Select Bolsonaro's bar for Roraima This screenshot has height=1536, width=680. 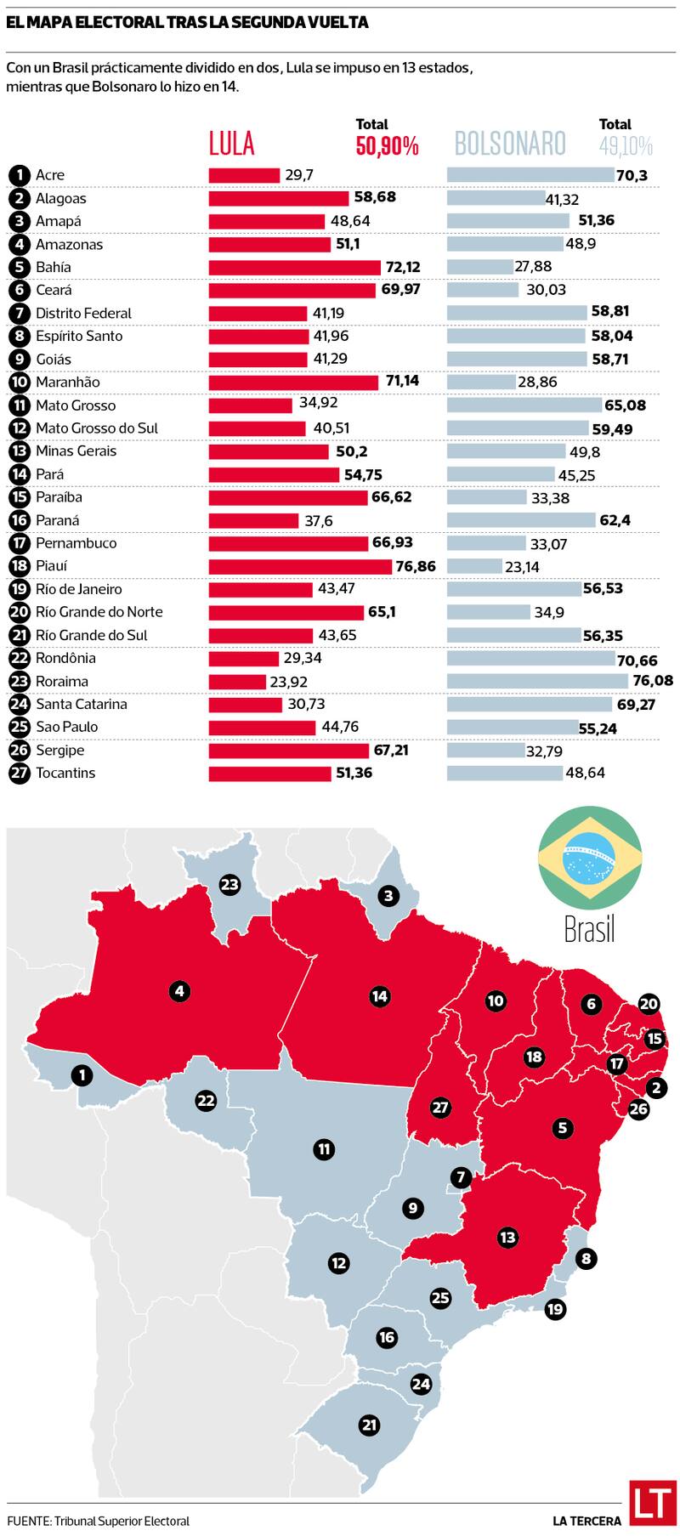[x=536, y=681]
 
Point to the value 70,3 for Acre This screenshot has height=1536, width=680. [x=632, y=175]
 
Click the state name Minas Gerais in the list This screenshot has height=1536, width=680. [x=76, y=451]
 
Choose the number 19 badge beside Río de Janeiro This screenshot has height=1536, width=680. [x=19, y=589]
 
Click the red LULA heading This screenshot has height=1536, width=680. [x=232, y=143]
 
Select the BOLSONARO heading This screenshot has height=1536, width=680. [x=510, y=143]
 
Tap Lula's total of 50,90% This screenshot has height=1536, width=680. [x=387, y=146]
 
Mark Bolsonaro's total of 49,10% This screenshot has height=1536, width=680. [x=626, y=146]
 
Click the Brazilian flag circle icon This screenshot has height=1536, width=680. [x=589, y=856]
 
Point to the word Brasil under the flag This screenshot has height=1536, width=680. [x=589, y=929]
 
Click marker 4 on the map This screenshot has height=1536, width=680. [x=178, y=990]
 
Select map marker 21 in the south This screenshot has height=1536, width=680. [x=369, y=1425]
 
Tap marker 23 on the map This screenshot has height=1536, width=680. [x=229, y=885]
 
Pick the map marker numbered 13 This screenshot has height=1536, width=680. [x=507, y=1237]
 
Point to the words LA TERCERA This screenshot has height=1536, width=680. [x=586, y=1521]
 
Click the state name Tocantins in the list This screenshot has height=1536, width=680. [x=65, y=773]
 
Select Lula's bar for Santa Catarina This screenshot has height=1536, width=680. [x=246, y=704]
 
